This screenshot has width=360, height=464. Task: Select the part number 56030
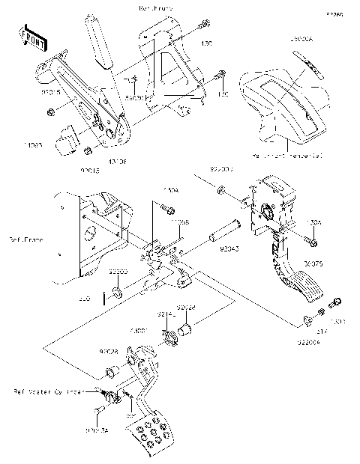[x=135, y=98]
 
